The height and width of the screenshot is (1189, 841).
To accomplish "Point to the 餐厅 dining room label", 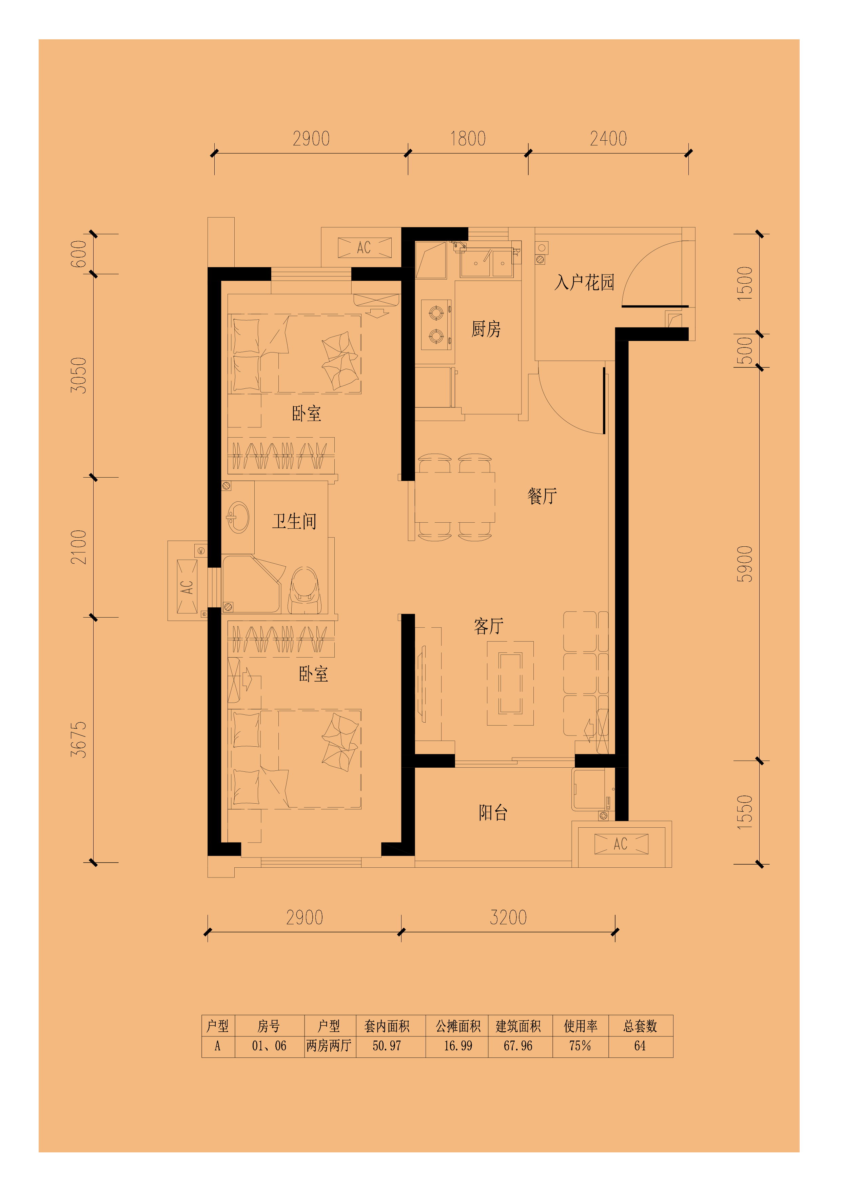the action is point(542,496).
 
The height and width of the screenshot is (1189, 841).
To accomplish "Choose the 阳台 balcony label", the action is point(493,812).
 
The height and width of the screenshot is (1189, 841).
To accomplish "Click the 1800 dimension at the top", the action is point(468,139).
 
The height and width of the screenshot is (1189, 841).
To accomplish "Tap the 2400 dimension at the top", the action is point(608,139).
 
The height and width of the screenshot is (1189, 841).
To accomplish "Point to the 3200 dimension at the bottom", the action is point(508,918).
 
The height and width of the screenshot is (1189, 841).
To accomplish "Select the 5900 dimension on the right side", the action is point(745,564).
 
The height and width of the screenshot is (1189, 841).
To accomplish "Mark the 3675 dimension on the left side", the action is point(78,740).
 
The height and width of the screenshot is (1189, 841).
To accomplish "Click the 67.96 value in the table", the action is point(518,1046).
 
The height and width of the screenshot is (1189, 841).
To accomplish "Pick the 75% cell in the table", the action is point(580,1046).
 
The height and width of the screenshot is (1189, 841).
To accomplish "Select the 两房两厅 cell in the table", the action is point(329,1046).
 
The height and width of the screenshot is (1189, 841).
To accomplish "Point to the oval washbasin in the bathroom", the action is point(238,517).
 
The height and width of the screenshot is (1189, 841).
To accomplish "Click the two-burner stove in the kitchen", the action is point(436,325).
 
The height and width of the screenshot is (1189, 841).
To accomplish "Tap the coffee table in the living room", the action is point(510,683).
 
